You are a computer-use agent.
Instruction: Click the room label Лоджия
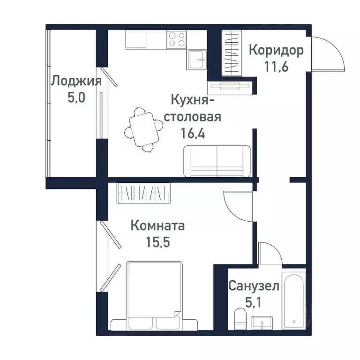[76, 81]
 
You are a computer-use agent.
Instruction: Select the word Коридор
[276, 50]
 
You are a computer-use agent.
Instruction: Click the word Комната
[157, 226]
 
